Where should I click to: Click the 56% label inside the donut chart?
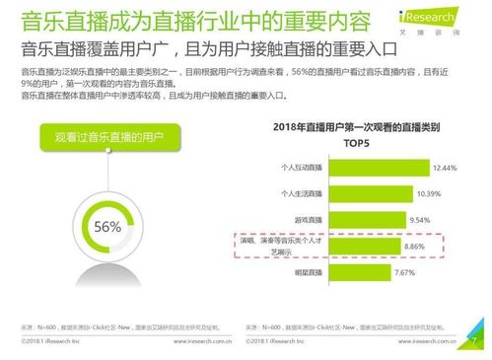[x=106, y=227]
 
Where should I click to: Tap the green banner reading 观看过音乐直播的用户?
[x=105, y=136]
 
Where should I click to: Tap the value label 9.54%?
[x=420, y=219]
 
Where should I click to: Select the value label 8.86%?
[x=415, y=246]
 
